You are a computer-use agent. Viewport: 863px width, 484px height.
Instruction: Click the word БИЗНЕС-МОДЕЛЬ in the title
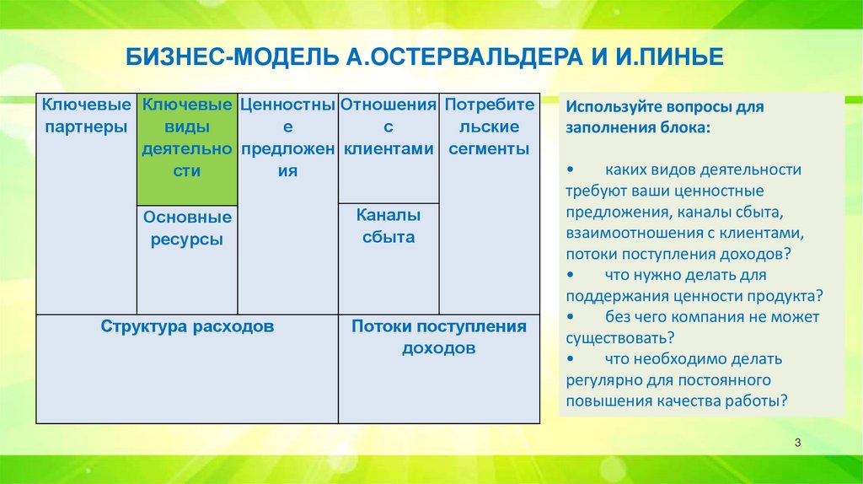click(232, 57)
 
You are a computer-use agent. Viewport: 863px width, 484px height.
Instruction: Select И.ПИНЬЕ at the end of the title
click(669, 57)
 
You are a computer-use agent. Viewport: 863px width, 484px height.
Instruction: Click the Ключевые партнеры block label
click(87, 116)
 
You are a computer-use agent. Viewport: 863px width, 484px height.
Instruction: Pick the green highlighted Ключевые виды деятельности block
click(187, 149)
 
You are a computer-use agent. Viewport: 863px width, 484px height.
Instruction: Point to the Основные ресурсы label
click(187, 228)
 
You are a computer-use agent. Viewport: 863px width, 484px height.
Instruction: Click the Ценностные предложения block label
click(288, 137)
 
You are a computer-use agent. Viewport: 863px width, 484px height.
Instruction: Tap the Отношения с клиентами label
click(389, 126)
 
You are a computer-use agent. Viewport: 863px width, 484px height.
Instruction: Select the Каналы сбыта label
click(389, 226)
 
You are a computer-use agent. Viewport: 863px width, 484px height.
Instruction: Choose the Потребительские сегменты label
click(490, 126)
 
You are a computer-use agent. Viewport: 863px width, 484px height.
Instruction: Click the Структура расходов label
click(187, 326)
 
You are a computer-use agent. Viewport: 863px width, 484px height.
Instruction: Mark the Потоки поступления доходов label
click(438, 337)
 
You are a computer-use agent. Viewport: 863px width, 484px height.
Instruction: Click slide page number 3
click(797, 443)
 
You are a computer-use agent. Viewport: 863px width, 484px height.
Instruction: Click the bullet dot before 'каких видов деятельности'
click(570, 169)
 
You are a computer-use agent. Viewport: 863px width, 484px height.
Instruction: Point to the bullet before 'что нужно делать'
click(570, 275)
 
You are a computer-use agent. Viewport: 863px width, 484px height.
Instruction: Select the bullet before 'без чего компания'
click(570, 316)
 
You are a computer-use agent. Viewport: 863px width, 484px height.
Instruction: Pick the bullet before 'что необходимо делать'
click(570, 359)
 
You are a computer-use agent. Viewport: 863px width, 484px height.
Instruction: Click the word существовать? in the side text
click(620, 338)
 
